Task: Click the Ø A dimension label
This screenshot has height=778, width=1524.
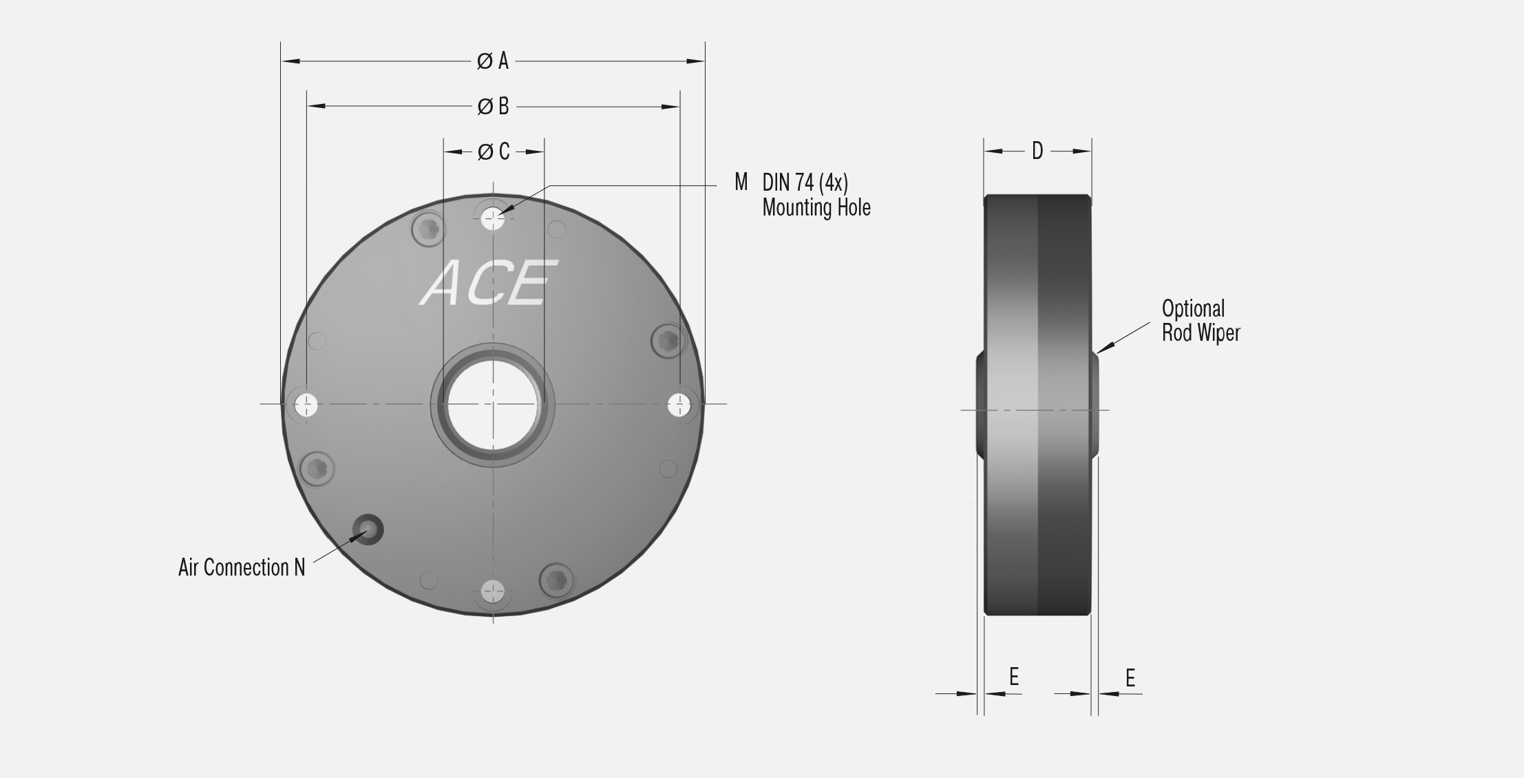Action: (493, 61)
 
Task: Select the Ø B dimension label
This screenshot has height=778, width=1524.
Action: (493, 107)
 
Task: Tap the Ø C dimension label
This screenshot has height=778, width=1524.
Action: (494, 151)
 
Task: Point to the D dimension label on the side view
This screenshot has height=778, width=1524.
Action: (1037, 151)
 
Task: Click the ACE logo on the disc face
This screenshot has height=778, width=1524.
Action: (489, 282)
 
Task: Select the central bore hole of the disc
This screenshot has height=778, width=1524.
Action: (493, 404)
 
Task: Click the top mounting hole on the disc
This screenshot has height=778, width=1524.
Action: (493, 220)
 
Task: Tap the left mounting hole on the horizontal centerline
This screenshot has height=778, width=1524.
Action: (306, 405)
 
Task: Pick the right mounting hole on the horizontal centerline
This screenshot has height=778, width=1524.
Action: (679, 405)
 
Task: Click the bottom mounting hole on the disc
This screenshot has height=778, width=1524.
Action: (493, 591)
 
